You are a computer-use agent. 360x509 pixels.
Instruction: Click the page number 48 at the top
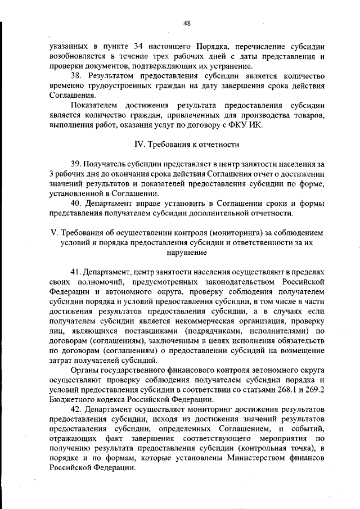(187, 23)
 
